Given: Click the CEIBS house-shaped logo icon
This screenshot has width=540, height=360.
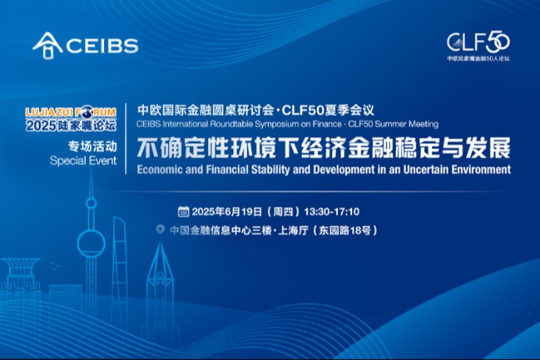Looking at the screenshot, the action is click(48, 45).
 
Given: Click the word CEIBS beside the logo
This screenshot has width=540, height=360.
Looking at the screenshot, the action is click(102, 46).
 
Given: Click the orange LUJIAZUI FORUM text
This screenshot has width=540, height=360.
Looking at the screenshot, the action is click(70, 113).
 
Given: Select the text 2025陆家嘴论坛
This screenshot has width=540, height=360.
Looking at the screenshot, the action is click(71, 125).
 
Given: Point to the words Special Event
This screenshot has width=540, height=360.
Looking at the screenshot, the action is click(83, 161).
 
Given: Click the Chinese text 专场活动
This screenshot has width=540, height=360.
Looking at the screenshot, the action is click(92, 146).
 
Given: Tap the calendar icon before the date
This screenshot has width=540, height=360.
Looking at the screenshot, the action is click(183, 211).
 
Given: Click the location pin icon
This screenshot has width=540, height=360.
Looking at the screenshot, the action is click(160, 229).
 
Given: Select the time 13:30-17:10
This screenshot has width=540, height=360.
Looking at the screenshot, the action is click(332, 211).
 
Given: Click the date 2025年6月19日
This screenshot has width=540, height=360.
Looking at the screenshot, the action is click(227, 211).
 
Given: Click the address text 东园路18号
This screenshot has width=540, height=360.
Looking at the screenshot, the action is click(344, 230).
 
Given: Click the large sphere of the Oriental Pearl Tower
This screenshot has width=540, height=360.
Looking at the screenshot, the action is click(91, 243).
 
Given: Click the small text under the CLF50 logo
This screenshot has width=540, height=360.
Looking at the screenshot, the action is click(478, 59).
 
